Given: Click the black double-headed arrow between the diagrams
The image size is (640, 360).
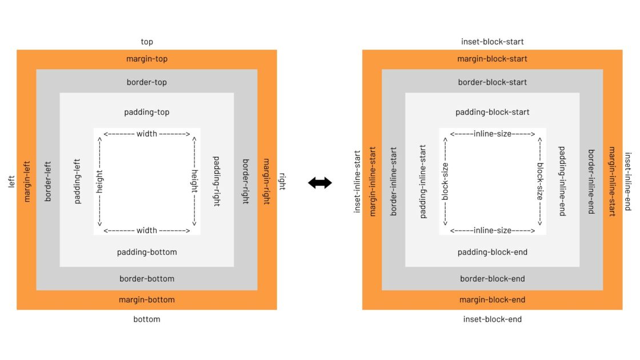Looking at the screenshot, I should tap(320, 183).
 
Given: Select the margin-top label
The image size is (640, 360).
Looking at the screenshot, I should tap(147, 59).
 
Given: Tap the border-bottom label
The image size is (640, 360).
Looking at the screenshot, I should tap(147, 279).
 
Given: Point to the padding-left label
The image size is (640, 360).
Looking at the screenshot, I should tap(77, 181).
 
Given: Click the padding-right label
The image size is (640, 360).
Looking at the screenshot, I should tap(216, 181).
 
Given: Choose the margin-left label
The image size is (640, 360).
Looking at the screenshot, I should tap(26, 181).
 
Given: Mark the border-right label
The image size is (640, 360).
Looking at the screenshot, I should tap(246, 181).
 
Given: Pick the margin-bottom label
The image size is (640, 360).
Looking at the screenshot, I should tap(147, 300).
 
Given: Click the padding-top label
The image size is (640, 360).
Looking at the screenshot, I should tap(147, 112).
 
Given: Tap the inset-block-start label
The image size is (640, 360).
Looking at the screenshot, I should tap(492, 42).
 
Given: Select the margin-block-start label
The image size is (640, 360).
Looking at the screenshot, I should tap(492, 59).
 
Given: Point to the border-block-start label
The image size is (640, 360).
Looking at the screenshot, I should tap(492, 82).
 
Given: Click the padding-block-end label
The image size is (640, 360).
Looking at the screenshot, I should tap(492, 252).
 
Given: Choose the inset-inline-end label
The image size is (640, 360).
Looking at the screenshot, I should tap(627, 181).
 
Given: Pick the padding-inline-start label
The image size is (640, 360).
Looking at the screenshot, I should tap(423, 181).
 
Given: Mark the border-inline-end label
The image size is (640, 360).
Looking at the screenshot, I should tap(591, 181).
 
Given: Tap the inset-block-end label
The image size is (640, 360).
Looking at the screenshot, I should tap(492, 319).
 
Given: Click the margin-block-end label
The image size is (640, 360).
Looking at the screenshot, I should tap(492, 300).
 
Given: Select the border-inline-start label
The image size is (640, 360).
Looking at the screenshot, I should tap(393, 181).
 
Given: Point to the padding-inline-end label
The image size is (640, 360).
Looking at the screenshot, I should tap(562, 181).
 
